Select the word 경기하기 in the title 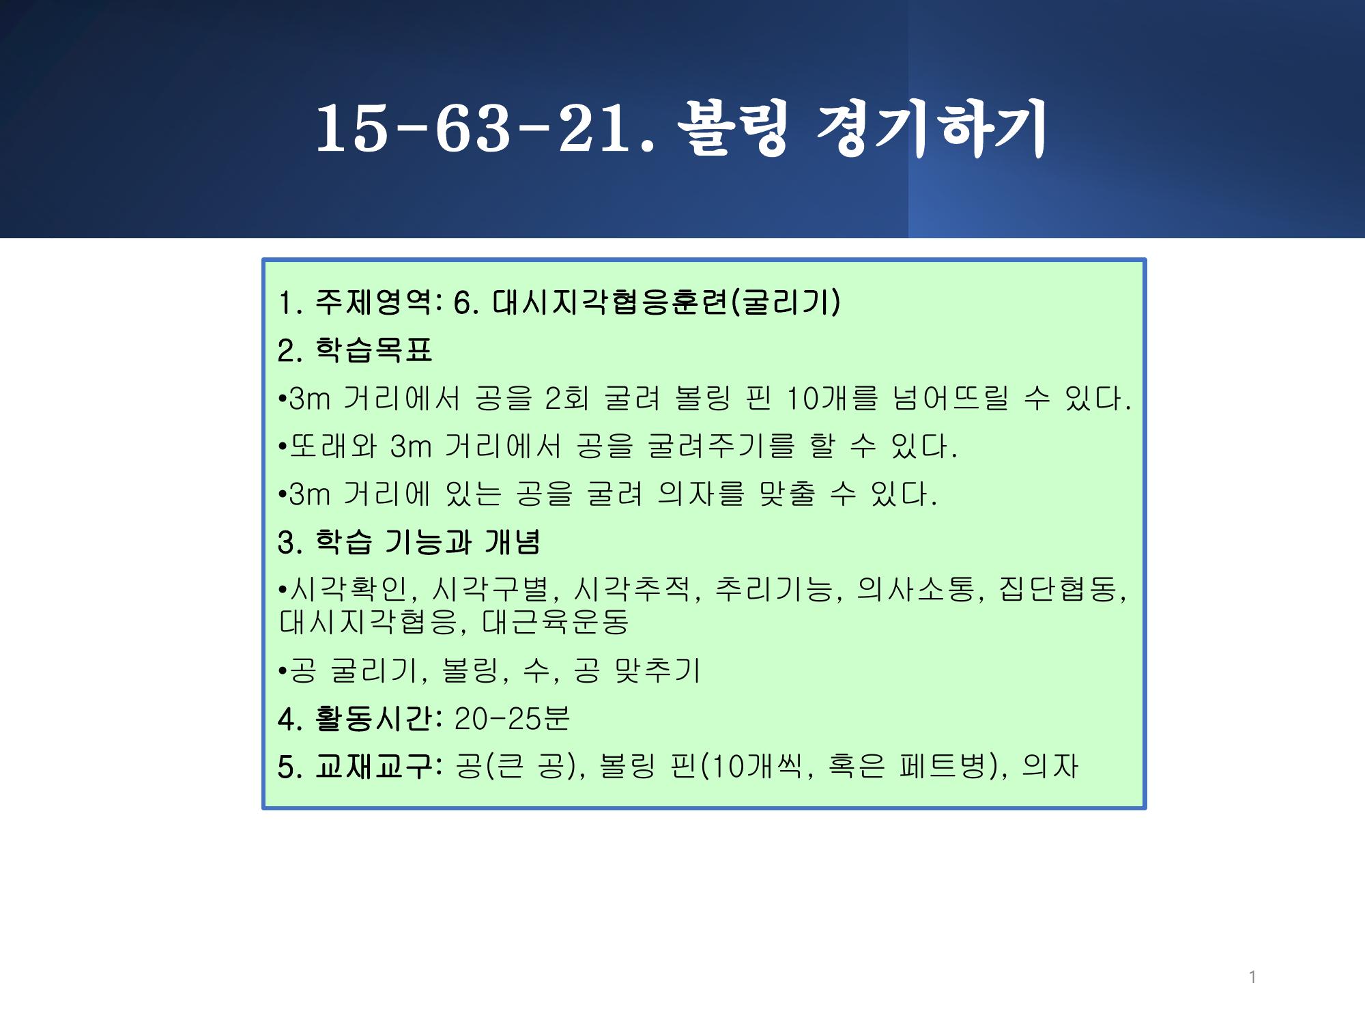coord(932,128)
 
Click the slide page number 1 coord(1252,977)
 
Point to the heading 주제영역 coord(375,302)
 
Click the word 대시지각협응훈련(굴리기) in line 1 coord(666,302)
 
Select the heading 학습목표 coord(374,350)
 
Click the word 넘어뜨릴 coord(950,398)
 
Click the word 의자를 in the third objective coord(700,494)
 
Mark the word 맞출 coord(786,494)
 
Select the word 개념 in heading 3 coord(513,542)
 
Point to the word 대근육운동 coord(555,621)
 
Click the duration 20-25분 coord(511,718)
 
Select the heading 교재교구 coord(374,767)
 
